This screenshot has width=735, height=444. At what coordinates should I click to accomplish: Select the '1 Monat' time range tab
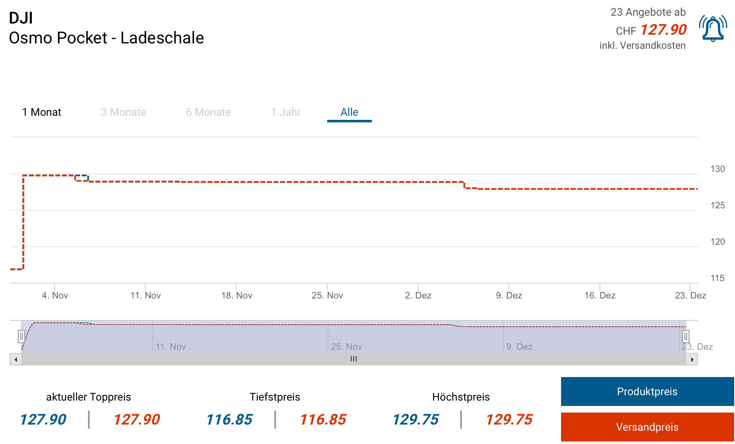[x=42, y=112]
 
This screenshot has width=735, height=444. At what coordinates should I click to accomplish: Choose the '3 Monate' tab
[x=124, y=112]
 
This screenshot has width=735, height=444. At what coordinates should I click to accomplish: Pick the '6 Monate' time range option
[x=208, y=112]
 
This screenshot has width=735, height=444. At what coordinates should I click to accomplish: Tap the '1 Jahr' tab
[x=286, y=112]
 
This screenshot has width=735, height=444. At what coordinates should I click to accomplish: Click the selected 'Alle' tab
[x=349, y=112]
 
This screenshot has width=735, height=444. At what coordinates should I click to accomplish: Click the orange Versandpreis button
[x=647, y=427]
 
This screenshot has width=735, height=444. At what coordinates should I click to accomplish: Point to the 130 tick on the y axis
[x=718, y=169]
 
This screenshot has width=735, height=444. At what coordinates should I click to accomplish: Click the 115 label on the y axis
[x=718, y=278]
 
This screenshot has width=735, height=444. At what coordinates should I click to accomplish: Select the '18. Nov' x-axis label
[x=237, y=295]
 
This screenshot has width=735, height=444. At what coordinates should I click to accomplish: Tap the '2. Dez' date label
[x=418, y=295]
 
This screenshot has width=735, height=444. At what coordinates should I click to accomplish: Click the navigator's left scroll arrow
[x=16, y=359]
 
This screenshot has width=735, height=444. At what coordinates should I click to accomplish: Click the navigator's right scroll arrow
[x=692, y=359]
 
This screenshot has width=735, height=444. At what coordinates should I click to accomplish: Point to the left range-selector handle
[x=21, y=337]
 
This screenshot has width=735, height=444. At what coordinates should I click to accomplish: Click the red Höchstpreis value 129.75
[x=509, y=420]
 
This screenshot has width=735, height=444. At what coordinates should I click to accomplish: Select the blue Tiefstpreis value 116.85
[x=229, y=420]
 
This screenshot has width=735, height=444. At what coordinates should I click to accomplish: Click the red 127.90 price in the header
[x=664, y=30]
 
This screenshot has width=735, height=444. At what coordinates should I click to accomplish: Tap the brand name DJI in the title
[x=21, y=18]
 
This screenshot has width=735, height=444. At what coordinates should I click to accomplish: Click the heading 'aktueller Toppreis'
[x=88, y=397]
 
